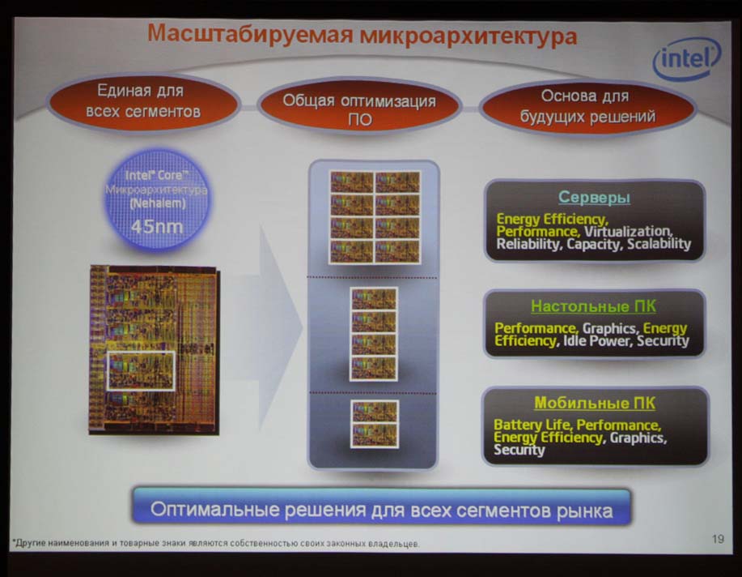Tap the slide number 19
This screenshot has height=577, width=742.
click(x=718, y=539)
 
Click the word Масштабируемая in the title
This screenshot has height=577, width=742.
click(x=250, y=35)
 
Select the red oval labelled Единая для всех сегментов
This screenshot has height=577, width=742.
click(x=144, y=101)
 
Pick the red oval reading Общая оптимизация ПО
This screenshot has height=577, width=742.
click(x=359, y=109)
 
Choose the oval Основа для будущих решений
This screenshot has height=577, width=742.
click(x=587, y=106)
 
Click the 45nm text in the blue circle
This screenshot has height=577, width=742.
click(x=157, y=227)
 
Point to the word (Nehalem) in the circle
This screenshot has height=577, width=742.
click(x=158, y=203)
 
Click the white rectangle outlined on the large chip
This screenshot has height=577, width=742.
click(x=141, y=371)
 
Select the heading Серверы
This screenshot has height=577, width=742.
click(x=594, y=197)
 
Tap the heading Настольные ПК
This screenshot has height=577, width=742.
click(x=593, y=306)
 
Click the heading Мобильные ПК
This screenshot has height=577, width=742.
click(x=595, y=403)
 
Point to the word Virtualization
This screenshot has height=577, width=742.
click(x=627, y=232)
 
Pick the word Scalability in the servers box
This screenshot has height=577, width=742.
click(x=659, y=244)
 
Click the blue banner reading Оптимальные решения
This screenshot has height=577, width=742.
click(x=381, y=508)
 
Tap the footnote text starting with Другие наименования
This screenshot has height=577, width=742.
click(x=216, y=543)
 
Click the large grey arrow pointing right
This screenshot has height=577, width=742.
click(x=274, y=327)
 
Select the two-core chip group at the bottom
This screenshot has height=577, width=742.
click(x=375, y=424)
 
